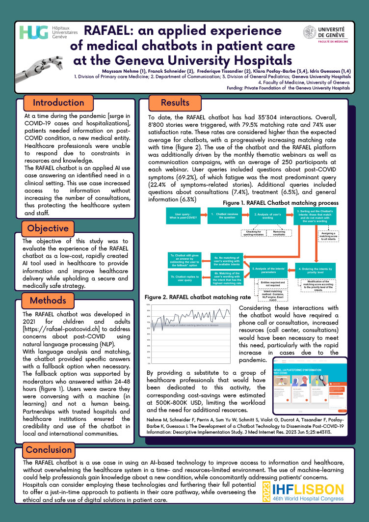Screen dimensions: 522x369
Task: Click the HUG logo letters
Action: pyautogui.click(x=32, y=33)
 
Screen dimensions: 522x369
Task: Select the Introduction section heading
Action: pyautogui.click(x=58, y=103)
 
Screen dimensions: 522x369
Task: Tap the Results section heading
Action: pyautogui.click(x=175, y=102)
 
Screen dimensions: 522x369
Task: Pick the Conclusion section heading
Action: pyautogui.click(x=49, y=449)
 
